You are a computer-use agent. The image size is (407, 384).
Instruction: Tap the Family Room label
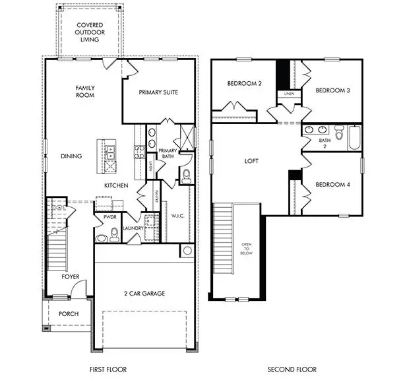point(84,92)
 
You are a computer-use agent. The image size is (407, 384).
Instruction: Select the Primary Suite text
point(158,92)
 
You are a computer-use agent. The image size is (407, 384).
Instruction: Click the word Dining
point(71,156)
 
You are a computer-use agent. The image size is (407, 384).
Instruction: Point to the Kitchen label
point(115,186)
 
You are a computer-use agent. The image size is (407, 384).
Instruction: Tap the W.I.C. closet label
point(177,215)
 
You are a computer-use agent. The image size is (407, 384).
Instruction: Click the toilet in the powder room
point(114,232)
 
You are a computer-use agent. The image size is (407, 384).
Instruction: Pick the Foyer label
point(70,277)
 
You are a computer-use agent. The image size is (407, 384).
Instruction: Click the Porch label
point(69,314)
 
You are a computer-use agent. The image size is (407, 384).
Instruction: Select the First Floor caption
point(108,369)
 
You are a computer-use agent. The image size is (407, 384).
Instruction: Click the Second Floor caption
point(292,369)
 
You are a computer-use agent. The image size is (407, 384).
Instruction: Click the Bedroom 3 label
point(332,90)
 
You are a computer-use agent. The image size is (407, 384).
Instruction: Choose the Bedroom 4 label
point(332,185)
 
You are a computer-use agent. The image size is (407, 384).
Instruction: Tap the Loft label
point(251,161)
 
